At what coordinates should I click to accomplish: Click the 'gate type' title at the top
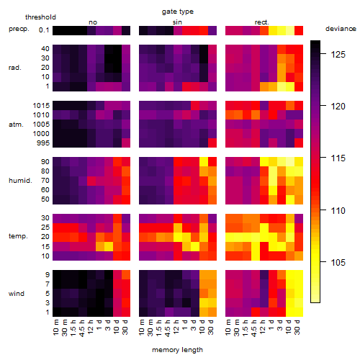click(x=178, y=12)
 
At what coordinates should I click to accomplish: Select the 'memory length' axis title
click(x=177, y=350)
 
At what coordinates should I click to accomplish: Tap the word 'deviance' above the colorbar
click(x=341, y=29)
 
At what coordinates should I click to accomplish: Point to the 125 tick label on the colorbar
click(x=338, y=55)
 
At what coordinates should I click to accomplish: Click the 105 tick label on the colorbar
click(x=338, y=263)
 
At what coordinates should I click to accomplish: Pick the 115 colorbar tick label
click(x=338, y=158)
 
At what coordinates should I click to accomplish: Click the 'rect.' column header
click(x=262, y=22)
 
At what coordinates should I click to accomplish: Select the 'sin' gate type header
click(x=177, y=22)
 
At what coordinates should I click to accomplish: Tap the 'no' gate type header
click(x=93, y=22)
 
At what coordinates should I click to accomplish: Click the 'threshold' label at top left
click(x=40, y=17)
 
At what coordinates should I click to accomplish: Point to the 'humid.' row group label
click(x=20, y=181)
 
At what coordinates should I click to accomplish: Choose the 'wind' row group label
click(x=17, y=294)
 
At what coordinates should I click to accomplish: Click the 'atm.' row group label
click(x=16, y=125)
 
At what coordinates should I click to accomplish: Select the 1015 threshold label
click(x=41, y=106)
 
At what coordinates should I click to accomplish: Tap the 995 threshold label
click(x=43, y=143)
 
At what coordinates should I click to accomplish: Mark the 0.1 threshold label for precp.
click(x=44, y=30)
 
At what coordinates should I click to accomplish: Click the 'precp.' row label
click(x=19, y=29)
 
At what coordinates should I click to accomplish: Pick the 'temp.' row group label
click(x=18, y=236)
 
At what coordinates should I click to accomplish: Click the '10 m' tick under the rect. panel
click(x=228, y=327)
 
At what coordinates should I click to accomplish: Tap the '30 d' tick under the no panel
click(x=125, y=327)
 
